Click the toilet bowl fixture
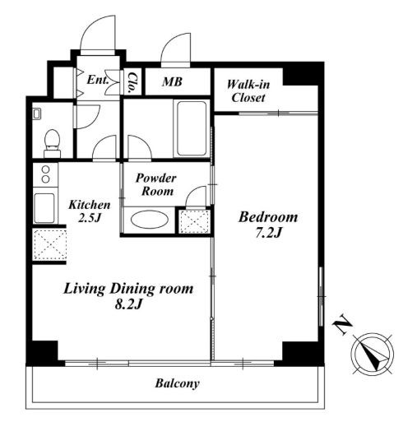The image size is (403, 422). tap(52, 143)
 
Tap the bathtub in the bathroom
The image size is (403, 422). tap(192, 128)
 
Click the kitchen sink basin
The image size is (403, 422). tap(44, 207)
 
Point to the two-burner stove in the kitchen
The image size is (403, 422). tap(45, 174)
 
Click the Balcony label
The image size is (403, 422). tap(177, 383)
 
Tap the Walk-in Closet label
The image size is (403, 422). tap(248, 91)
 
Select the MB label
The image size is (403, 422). tap(172, 81)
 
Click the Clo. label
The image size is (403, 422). tap(133, 82)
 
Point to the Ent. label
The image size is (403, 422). tap(98, 80)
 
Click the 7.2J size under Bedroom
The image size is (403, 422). tap(269, 234)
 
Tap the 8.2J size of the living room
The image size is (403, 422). tap(128, 304)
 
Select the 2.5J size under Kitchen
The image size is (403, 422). tap(90, 218)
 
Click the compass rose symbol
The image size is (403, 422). tap(373, 354)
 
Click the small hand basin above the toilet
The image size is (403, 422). tap(37, 114)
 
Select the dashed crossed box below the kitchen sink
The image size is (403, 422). tap(50, 245)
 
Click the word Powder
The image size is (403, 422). tap(155, 179)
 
